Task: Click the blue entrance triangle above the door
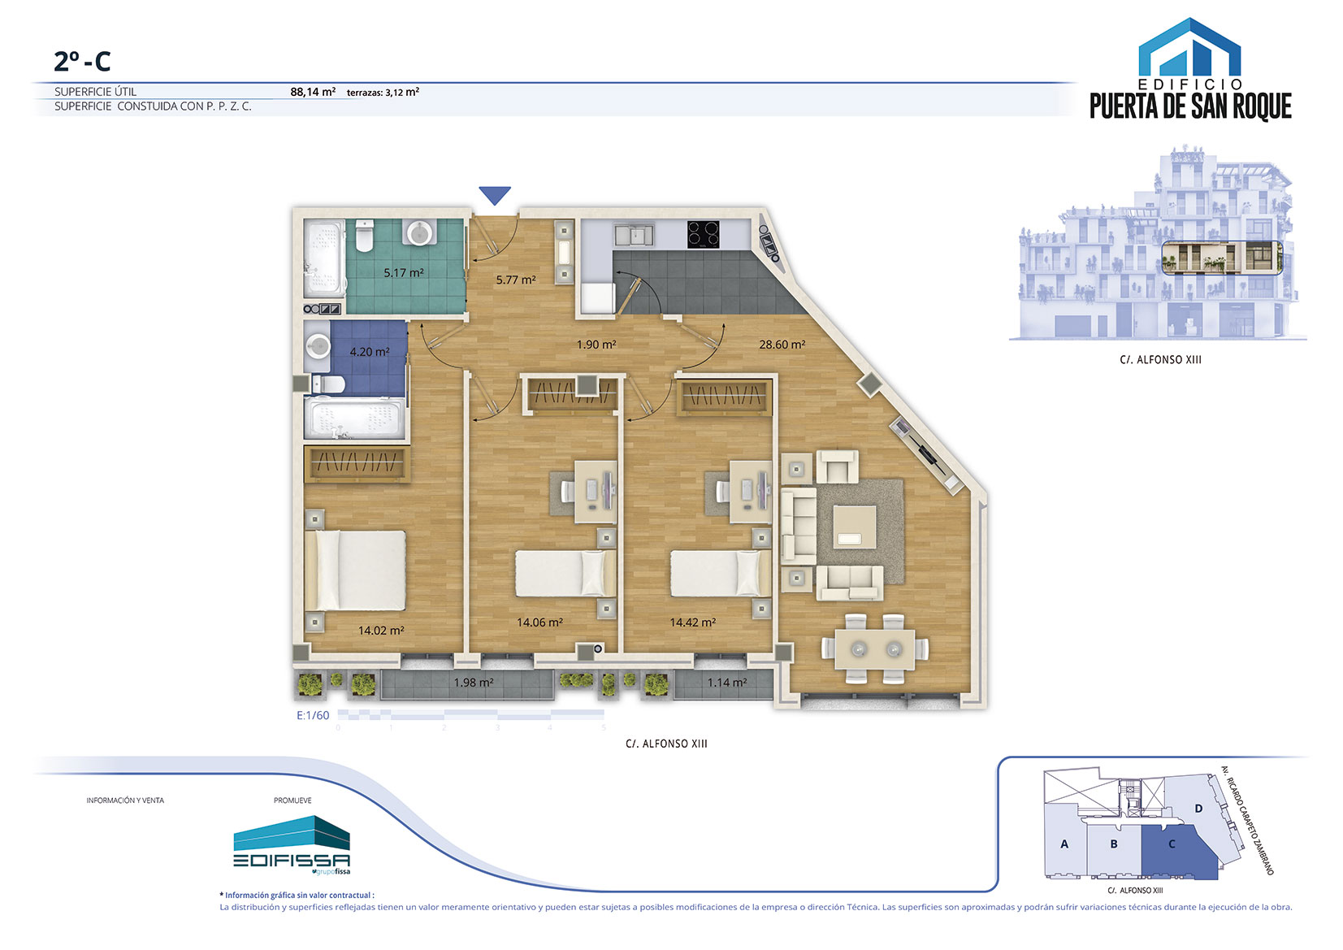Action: (495, 194)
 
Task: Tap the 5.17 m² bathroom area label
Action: (404, 273)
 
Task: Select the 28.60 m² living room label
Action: (782, 345)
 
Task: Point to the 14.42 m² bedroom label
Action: (692, 622)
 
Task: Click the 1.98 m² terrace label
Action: (473, 683)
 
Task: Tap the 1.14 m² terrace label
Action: (726, 683)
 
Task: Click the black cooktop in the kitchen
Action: (704, 235)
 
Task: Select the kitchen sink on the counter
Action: (633, 235)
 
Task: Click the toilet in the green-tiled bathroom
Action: (365, 235)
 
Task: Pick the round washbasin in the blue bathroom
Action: (317, 347)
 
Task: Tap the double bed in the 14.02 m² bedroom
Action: (356, 570)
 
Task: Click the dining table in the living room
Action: (875, 649)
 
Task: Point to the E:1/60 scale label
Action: (312, 715)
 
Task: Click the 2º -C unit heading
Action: (82, 61)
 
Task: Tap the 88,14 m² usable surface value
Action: (312, 92)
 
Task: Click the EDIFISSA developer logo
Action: (292, 846)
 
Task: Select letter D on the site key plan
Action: (1198, 809)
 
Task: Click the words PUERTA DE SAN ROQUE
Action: (1190, 106)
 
